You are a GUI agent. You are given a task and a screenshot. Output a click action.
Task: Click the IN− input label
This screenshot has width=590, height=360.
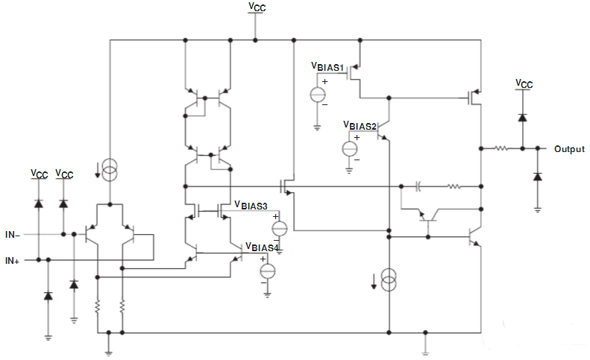coord(12,235)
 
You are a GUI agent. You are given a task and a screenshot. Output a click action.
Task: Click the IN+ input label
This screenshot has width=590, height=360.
coord(12,261)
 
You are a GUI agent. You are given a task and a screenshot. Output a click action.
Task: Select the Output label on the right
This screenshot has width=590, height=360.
coord(568,149)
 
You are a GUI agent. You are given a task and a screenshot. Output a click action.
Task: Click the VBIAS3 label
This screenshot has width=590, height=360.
coord(251,204)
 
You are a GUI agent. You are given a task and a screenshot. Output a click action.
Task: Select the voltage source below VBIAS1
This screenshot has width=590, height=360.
coord(317,95)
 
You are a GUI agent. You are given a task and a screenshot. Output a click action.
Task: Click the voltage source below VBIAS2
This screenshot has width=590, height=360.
coord(349,148)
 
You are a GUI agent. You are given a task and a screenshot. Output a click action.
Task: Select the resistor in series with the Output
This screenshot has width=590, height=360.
coord(500,149)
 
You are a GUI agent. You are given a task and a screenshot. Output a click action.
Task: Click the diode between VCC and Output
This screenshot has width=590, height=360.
coord(523,116)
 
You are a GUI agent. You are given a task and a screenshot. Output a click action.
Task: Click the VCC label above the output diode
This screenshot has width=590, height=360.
coord(524,83)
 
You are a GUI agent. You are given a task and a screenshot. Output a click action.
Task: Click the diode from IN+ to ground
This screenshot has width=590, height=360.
coord(48,296)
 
